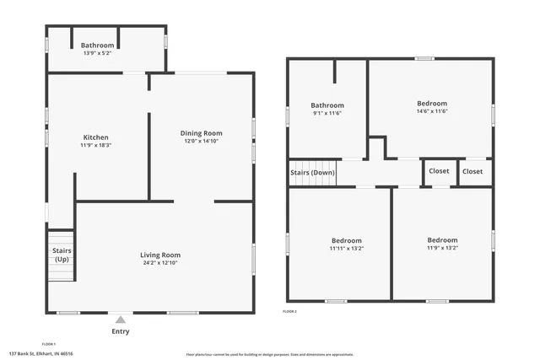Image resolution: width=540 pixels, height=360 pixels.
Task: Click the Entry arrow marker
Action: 121,320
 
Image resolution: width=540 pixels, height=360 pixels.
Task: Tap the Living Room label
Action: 160,255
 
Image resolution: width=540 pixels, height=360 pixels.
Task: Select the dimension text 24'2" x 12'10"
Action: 160,263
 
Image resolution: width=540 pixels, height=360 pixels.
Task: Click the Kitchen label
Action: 94,137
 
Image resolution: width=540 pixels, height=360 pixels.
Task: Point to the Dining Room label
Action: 201,133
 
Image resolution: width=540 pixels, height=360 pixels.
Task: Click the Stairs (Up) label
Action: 62,255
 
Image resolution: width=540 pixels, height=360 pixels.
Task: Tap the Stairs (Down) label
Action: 312,172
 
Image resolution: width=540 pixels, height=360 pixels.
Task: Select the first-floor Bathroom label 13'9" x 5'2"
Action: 97,53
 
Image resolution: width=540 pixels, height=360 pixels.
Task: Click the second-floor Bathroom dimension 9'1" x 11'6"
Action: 327,113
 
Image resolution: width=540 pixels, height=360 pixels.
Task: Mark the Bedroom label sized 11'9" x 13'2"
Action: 442,248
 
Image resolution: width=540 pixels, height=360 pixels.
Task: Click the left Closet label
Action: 439,171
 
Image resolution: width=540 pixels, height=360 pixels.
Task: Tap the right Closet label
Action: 472,171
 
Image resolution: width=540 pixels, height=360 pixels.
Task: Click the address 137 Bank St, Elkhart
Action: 41,354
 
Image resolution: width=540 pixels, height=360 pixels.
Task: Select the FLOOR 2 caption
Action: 290,311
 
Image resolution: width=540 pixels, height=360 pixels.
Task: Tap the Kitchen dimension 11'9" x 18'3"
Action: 94,145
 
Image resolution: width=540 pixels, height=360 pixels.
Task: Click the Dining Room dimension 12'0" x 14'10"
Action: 201,141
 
